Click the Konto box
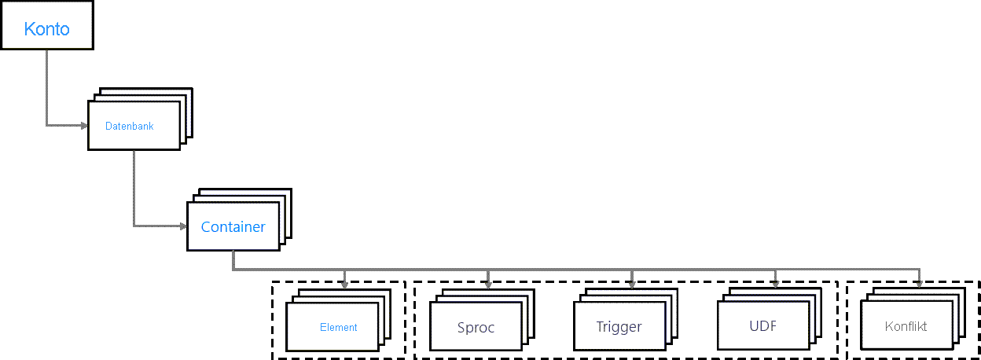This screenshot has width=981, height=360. click(x=47, y=25)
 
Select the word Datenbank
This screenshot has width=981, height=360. click(x=129, y=126)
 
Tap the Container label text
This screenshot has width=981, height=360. click(x=233, y=227)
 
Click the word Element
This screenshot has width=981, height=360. click(x=339, y=327)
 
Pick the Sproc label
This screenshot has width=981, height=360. click(x=476, y=328)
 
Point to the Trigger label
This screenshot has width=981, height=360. click(x=619, y=327)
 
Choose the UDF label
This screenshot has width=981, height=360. click(x=763, y=326)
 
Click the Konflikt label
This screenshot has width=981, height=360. click(x=906, y=326)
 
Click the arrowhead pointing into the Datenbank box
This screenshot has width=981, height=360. click(x=84, y=126)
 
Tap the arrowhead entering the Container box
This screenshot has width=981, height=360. click(x=183, y=226)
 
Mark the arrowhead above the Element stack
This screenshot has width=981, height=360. click(x=344, y=285)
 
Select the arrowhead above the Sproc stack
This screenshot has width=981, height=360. click(x=488, y=285)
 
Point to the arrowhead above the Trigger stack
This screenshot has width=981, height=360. click(x=632, y=285)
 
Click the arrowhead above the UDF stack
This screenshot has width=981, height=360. click(x=776, y=284)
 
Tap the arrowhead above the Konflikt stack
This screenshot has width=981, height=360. click(x=919, y=284)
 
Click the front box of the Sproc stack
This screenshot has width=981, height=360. click(x=476, y=326)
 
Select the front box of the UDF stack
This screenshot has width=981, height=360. click(x=763, y=325)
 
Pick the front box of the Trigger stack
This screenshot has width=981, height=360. click(x=619, y=326)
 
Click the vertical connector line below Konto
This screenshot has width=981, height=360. click(x=47, y=87)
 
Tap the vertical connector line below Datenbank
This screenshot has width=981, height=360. click(x=134, y=189)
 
